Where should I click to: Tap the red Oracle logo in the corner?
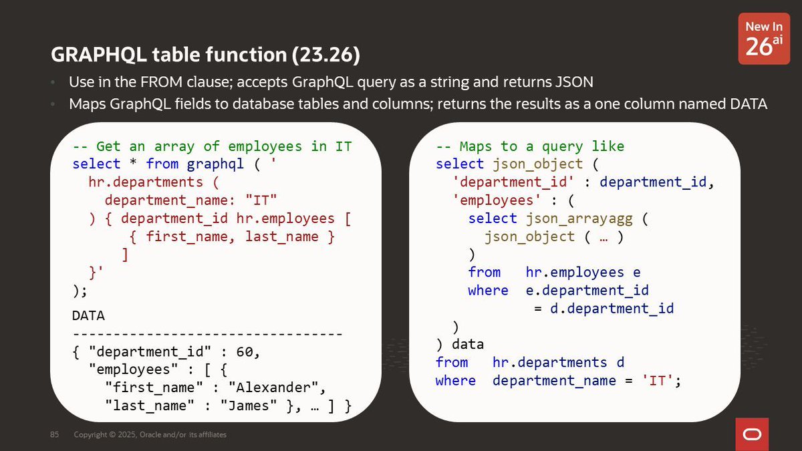tap(752, 434)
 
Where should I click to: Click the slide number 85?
tap(55, 435)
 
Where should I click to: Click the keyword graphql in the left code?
tap(216, 164)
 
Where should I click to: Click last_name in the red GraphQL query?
tap(281, 237)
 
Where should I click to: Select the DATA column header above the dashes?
tap(88, 315)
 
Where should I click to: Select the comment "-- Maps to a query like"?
tap(530, 146)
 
